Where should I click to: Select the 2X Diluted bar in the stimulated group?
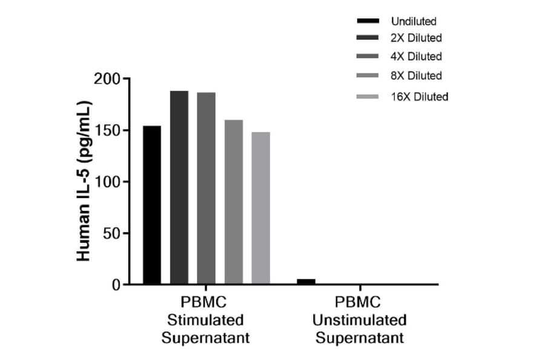click(x=179, y=187)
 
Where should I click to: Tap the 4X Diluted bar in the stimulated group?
click(x=206, y=188)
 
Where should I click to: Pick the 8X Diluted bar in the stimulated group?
click(x=234, y=202)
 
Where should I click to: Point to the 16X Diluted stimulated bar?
click(x=261, y=208)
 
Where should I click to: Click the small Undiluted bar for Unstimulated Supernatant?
click(x=306, y=281)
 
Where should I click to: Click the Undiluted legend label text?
click(x=414, y=22)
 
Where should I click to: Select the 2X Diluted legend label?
click(x=416, y=38)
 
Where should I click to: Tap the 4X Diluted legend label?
click(x=416, y=56)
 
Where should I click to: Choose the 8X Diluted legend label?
click(x=416, y=76)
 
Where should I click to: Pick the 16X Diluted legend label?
click(x=419, y=96)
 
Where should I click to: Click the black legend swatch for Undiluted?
click(x=368, y=22)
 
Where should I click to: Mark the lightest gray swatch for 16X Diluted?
click(x=368, y=96)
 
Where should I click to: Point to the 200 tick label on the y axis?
click(x=108, y=79)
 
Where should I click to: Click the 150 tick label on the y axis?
click(x=108, y=130)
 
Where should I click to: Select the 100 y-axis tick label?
click(x=108, y=182)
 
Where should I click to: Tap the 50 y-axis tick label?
click(x=111, y=233)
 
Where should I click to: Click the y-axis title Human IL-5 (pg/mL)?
click(x=84, y=182)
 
